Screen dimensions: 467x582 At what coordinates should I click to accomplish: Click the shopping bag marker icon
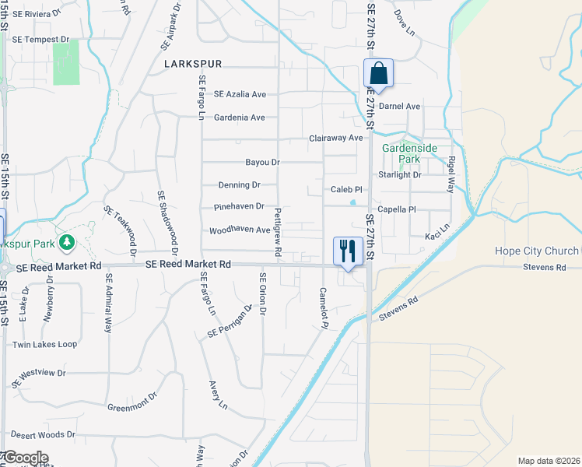pyautogui.click(x=379, y=74)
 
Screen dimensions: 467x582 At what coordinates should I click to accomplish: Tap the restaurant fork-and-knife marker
pyautogui.click(x=348, y=250)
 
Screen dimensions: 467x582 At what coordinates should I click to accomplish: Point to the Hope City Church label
pyautogui.click(x=537, y=251)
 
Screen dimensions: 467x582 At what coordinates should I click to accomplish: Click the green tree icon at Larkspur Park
pyautogui.click(x=68, y=243)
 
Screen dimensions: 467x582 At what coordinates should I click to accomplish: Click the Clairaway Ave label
pyautogui.click(x=336, y=138)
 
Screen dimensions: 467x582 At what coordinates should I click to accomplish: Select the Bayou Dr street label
pyautogui.click(x=262, y=163)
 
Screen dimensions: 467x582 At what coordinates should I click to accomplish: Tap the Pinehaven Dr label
pyautogui.click(x=239, y=208)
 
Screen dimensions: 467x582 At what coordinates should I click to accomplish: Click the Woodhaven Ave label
pyautogui.click(x=240, y=230)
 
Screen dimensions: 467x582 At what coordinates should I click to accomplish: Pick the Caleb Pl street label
pyautogui.click(x=346, y=189)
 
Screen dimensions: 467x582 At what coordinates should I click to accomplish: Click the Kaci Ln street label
pyautogui.click(x=437, y=235)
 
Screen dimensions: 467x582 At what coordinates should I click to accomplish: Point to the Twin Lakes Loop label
pyautogui.click(x=44, y=344)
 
